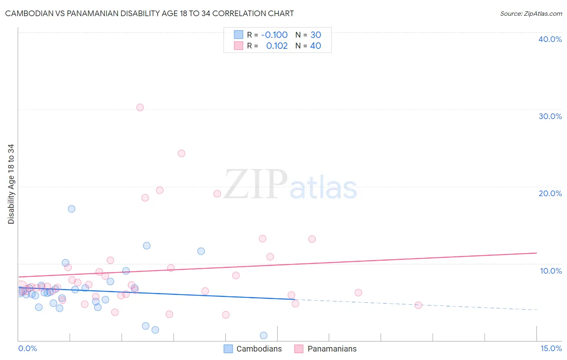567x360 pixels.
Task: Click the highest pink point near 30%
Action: [140, 107]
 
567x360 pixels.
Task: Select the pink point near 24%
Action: [181, 153]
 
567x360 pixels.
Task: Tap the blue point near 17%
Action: [71, 209]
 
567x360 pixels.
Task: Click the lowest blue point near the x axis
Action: [263, 335]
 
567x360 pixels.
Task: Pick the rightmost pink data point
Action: [418, 305]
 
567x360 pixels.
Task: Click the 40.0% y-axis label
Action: [550, 39]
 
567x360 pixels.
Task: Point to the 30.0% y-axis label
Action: [550, 116]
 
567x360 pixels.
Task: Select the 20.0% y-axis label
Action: [550, 193]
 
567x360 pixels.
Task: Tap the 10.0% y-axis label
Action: [551, 271]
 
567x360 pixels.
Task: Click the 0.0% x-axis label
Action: [27, 348]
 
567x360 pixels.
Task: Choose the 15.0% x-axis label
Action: [551, 348]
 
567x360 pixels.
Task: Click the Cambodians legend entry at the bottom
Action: [259, 349]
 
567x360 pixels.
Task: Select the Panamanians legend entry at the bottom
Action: [332, 349]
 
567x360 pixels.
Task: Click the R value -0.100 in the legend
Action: [274, 35]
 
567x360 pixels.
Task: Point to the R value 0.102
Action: [277, 46]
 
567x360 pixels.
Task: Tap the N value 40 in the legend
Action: [315, 46]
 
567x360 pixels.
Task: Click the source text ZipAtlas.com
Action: [542, 13]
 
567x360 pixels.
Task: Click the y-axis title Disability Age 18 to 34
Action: [11, 184]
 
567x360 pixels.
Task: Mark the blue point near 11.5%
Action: [201, 251]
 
